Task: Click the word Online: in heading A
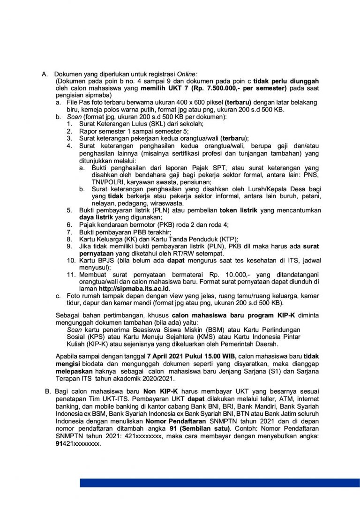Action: [x=187, y=75]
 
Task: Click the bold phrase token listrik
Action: [x=239, y=210]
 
